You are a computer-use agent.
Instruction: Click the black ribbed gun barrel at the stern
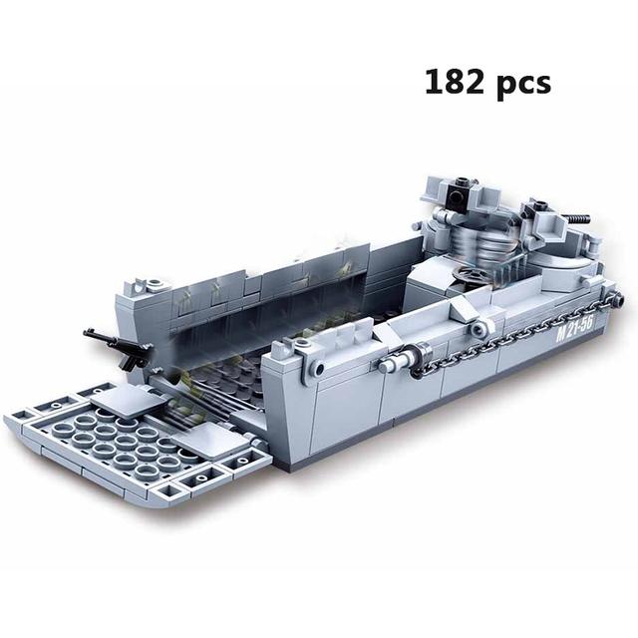coord(578,220)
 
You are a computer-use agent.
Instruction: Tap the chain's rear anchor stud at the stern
coord(615,299)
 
